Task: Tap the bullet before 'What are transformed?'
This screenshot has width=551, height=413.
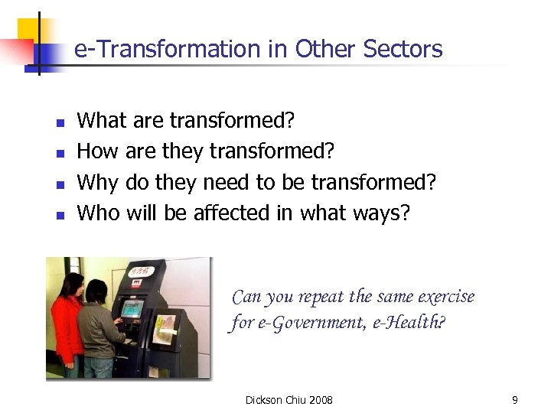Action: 60,122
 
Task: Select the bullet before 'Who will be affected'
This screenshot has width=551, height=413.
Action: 60,215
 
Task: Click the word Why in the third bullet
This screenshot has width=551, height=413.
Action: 97,183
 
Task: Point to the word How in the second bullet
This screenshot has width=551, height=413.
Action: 98,151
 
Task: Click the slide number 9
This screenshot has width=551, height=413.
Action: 515,400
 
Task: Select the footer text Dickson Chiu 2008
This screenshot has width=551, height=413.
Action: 289,400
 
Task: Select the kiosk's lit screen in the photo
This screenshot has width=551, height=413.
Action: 132,309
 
